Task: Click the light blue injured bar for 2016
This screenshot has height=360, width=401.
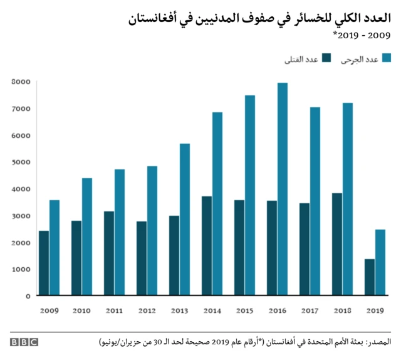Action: pos(283,189)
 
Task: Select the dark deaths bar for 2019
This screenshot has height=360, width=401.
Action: pos(369,277)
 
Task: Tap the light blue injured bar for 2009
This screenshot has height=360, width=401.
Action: pos(55,247)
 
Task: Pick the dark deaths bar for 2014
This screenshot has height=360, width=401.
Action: pos(206,245)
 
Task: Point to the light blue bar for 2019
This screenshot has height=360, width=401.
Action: pos(380,262)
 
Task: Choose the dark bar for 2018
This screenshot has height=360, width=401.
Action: pos(336,244)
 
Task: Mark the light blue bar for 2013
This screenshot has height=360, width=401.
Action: pos(185,219)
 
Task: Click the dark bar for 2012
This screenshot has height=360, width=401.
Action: pos(141,258)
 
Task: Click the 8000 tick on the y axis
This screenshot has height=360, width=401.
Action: pos(21,82)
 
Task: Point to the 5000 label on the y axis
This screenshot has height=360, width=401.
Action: pos(21,162)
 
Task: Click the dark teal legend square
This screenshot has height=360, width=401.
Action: pos(326,58)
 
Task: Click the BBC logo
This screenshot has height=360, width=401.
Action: pos(24,342)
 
